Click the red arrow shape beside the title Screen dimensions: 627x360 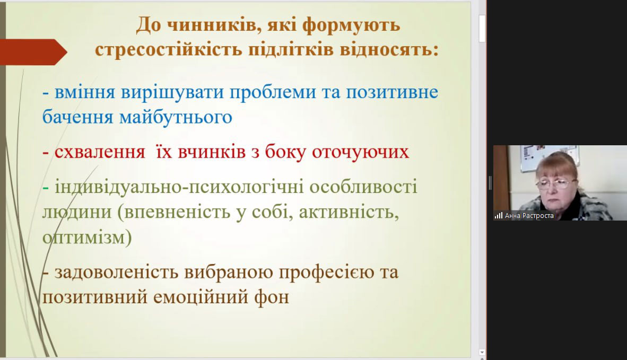click(x=33, y=52)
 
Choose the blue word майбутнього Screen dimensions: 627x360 click(x=176, y=118)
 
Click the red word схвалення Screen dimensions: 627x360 click(x=100, y=152)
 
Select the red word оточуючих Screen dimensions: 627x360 click(x=360, y=152)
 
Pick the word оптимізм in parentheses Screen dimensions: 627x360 click(x=84, y=238)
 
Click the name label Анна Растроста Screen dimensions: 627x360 click(x=529, y=216)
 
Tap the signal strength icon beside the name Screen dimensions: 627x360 click(x=498, y=216)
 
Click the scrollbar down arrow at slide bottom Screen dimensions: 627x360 click(x=482, y=353)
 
